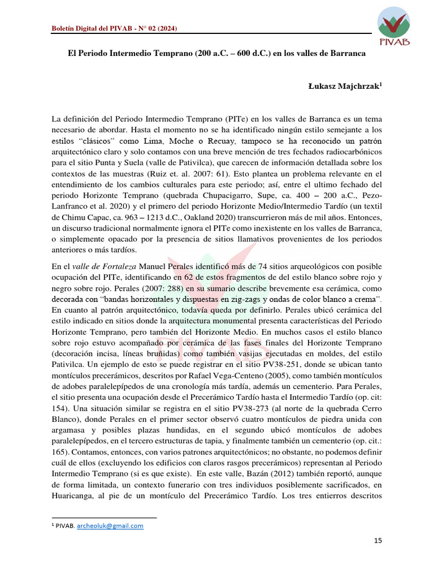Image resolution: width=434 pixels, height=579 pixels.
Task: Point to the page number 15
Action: (x=378, y=541)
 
